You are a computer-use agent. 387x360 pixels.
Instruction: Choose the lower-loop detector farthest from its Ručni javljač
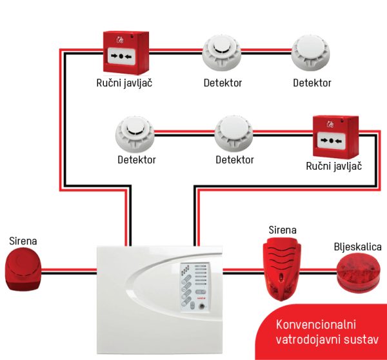coord(137,134)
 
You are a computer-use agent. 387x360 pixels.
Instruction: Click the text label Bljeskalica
coord(357,246)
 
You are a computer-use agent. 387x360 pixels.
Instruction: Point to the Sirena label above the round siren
coord(23,241)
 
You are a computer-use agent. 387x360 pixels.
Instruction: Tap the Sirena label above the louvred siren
coord(283,230)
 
